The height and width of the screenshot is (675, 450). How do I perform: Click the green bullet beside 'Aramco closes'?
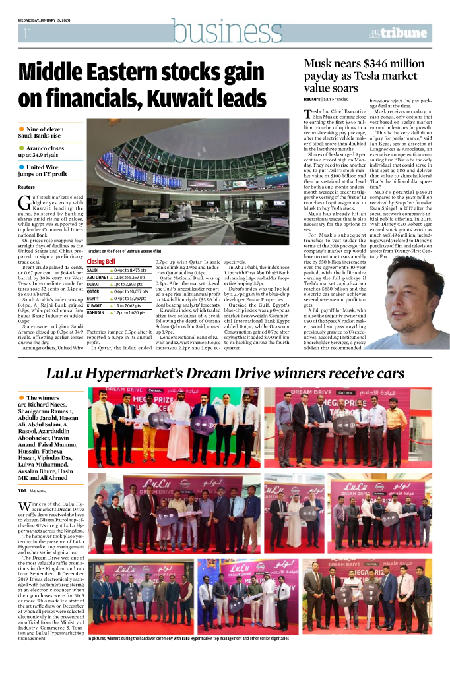click(x=22, y=148)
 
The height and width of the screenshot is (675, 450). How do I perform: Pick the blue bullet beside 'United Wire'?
click(x=22, y=168)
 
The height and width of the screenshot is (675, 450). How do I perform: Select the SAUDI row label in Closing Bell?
click(x=93, y=270)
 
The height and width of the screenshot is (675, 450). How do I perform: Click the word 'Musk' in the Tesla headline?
click(x=319, y=64)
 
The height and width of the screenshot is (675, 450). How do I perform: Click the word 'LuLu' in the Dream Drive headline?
click(x=65, y=374)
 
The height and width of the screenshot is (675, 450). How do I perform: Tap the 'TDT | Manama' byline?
click(x=32, y=490)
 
